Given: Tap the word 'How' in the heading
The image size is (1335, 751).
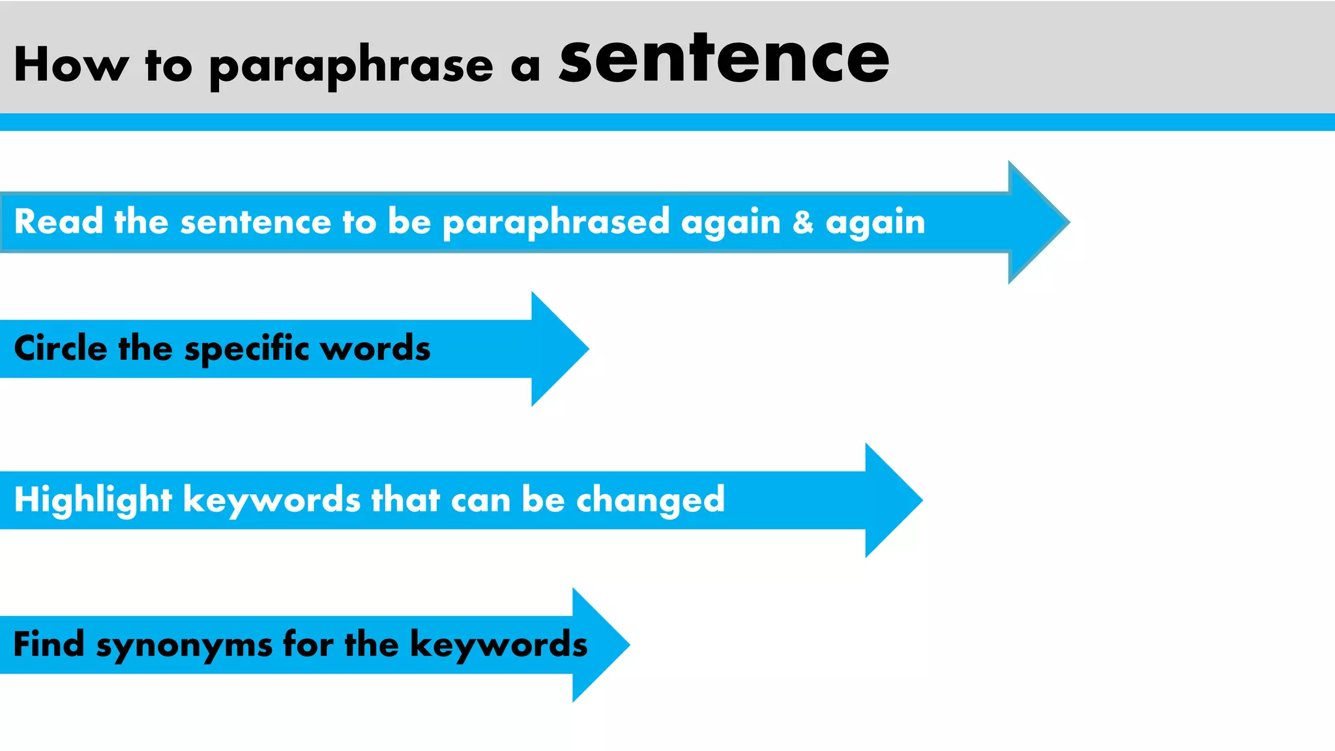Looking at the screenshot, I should coord(71,65).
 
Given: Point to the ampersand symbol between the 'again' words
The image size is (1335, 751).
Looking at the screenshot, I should coord(803,222).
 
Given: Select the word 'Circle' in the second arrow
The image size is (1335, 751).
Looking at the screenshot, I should coord(61,348).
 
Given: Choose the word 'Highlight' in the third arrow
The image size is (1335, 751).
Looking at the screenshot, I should coord(93,501).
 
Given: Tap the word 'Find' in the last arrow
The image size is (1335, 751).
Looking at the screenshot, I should coord(49,644).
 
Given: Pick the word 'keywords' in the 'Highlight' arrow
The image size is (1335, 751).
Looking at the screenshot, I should coord(272,501).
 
